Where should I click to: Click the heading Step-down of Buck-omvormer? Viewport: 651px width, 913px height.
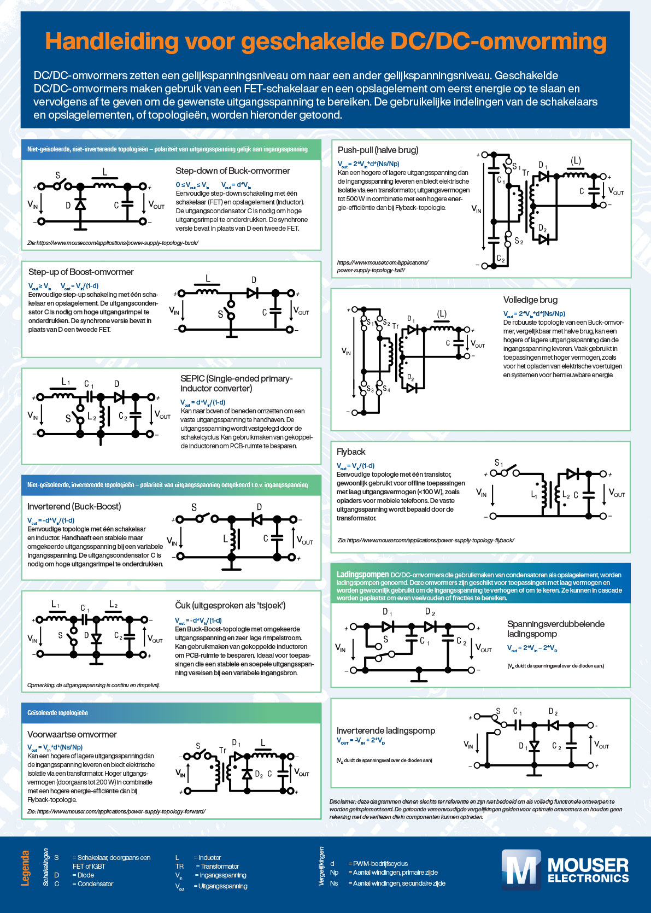pos(232,171)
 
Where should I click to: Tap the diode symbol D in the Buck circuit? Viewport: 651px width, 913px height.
pos(80,205)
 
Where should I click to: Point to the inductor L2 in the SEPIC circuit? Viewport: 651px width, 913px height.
pos(101,418)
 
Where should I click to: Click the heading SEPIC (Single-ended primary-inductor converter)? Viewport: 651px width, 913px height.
pos(236,383)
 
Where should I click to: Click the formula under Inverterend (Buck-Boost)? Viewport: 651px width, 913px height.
pos(51,520)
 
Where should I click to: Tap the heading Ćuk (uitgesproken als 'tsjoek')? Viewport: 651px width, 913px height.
pos(230,605)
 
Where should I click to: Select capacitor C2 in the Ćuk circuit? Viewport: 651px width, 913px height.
pos(130,636)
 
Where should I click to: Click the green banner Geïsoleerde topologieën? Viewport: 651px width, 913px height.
pos(57,713)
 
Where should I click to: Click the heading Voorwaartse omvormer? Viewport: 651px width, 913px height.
pos(72,734)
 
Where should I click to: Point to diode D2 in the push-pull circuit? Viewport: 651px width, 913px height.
pos(543,238)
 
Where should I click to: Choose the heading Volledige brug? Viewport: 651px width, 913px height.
pos(530,300)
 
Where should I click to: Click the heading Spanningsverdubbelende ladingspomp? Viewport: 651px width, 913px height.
pos(555,629)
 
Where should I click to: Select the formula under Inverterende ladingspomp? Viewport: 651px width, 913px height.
pos(360,741)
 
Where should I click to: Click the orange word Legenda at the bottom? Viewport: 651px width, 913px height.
pos(25,868)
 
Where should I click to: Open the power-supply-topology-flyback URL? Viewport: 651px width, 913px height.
pos(426,540)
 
